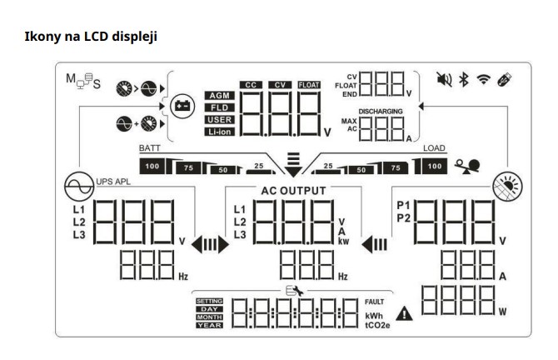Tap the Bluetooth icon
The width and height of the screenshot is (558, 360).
463,81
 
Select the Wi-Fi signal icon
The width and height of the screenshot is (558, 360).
482,81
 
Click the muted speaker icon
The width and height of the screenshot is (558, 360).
444,81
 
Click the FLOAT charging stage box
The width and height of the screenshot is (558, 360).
309,84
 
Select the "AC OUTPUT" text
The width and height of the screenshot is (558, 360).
281,189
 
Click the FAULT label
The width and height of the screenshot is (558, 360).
376,300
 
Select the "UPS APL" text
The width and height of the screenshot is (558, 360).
115,182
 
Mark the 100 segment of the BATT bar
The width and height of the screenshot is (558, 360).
152,167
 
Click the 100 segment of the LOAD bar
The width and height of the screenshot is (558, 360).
435,167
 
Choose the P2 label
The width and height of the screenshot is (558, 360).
405,218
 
